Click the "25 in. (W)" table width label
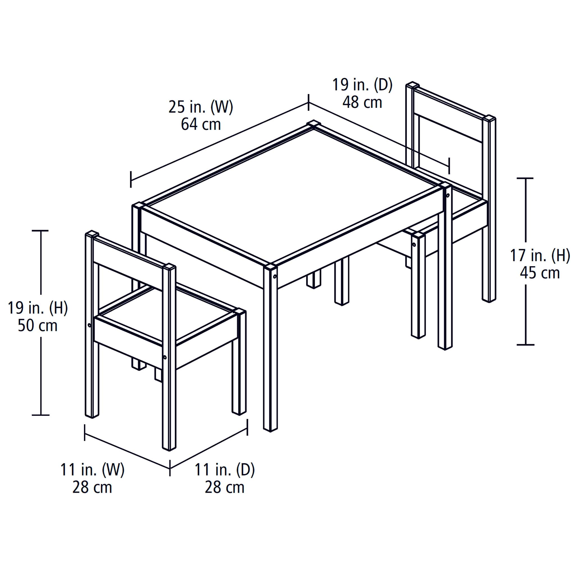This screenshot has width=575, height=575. pyautogui.click(x=201, y=107)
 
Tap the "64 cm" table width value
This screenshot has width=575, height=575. pyautogui.click(x=201, y=124)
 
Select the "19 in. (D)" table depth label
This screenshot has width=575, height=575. pyautogui.click(x=362, y=85)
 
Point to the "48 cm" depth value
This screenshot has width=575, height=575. pyautogui.click(x=362, y=102)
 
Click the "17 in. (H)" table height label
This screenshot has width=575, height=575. pyautogui.click(x=540, y=255)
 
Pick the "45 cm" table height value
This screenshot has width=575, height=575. pyautogui.click(x=540, y=273)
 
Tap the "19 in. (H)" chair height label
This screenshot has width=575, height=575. pyautogui.click(x=38, y=308)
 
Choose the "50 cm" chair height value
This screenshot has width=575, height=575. pyautogui.click(x=38, y=326)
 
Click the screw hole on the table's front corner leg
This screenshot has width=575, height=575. pyautogui.click(x=275, y=277)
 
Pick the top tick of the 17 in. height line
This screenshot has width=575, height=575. pyautogui.click(x=525, y=178)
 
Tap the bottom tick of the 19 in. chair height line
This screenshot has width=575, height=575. pyautogui.click(x=40, y=415)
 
